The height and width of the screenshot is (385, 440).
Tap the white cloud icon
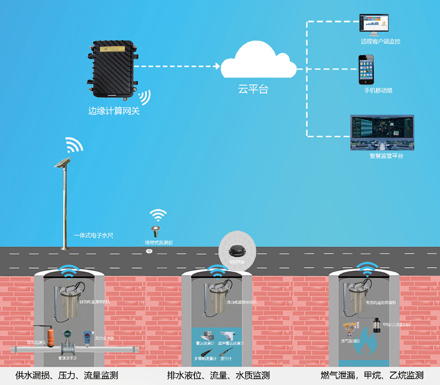click(x=259, y=63)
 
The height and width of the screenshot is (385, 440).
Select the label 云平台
click(x=253, y=89)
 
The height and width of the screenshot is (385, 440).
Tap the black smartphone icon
click(x=366, y=70)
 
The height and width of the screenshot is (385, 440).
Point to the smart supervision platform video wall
click(x=382, y=132)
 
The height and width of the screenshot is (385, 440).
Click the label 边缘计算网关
click(x=114, y=111)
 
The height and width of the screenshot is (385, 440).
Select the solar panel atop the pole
click(x=62, y=162)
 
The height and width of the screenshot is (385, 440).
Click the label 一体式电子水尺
click(x=94, y=236)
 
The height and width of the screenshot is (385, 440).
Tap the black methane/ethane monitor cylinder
click(x=377, y=325)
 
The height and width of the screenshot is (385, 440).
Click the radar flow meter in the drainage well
click(x=205, y=334)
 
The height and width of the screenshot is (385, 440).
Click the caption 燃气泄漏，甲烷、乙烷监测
click(x=372, y=375)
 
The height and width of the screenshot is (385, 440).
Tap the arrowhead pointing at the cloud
click(x=217, y=66)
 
